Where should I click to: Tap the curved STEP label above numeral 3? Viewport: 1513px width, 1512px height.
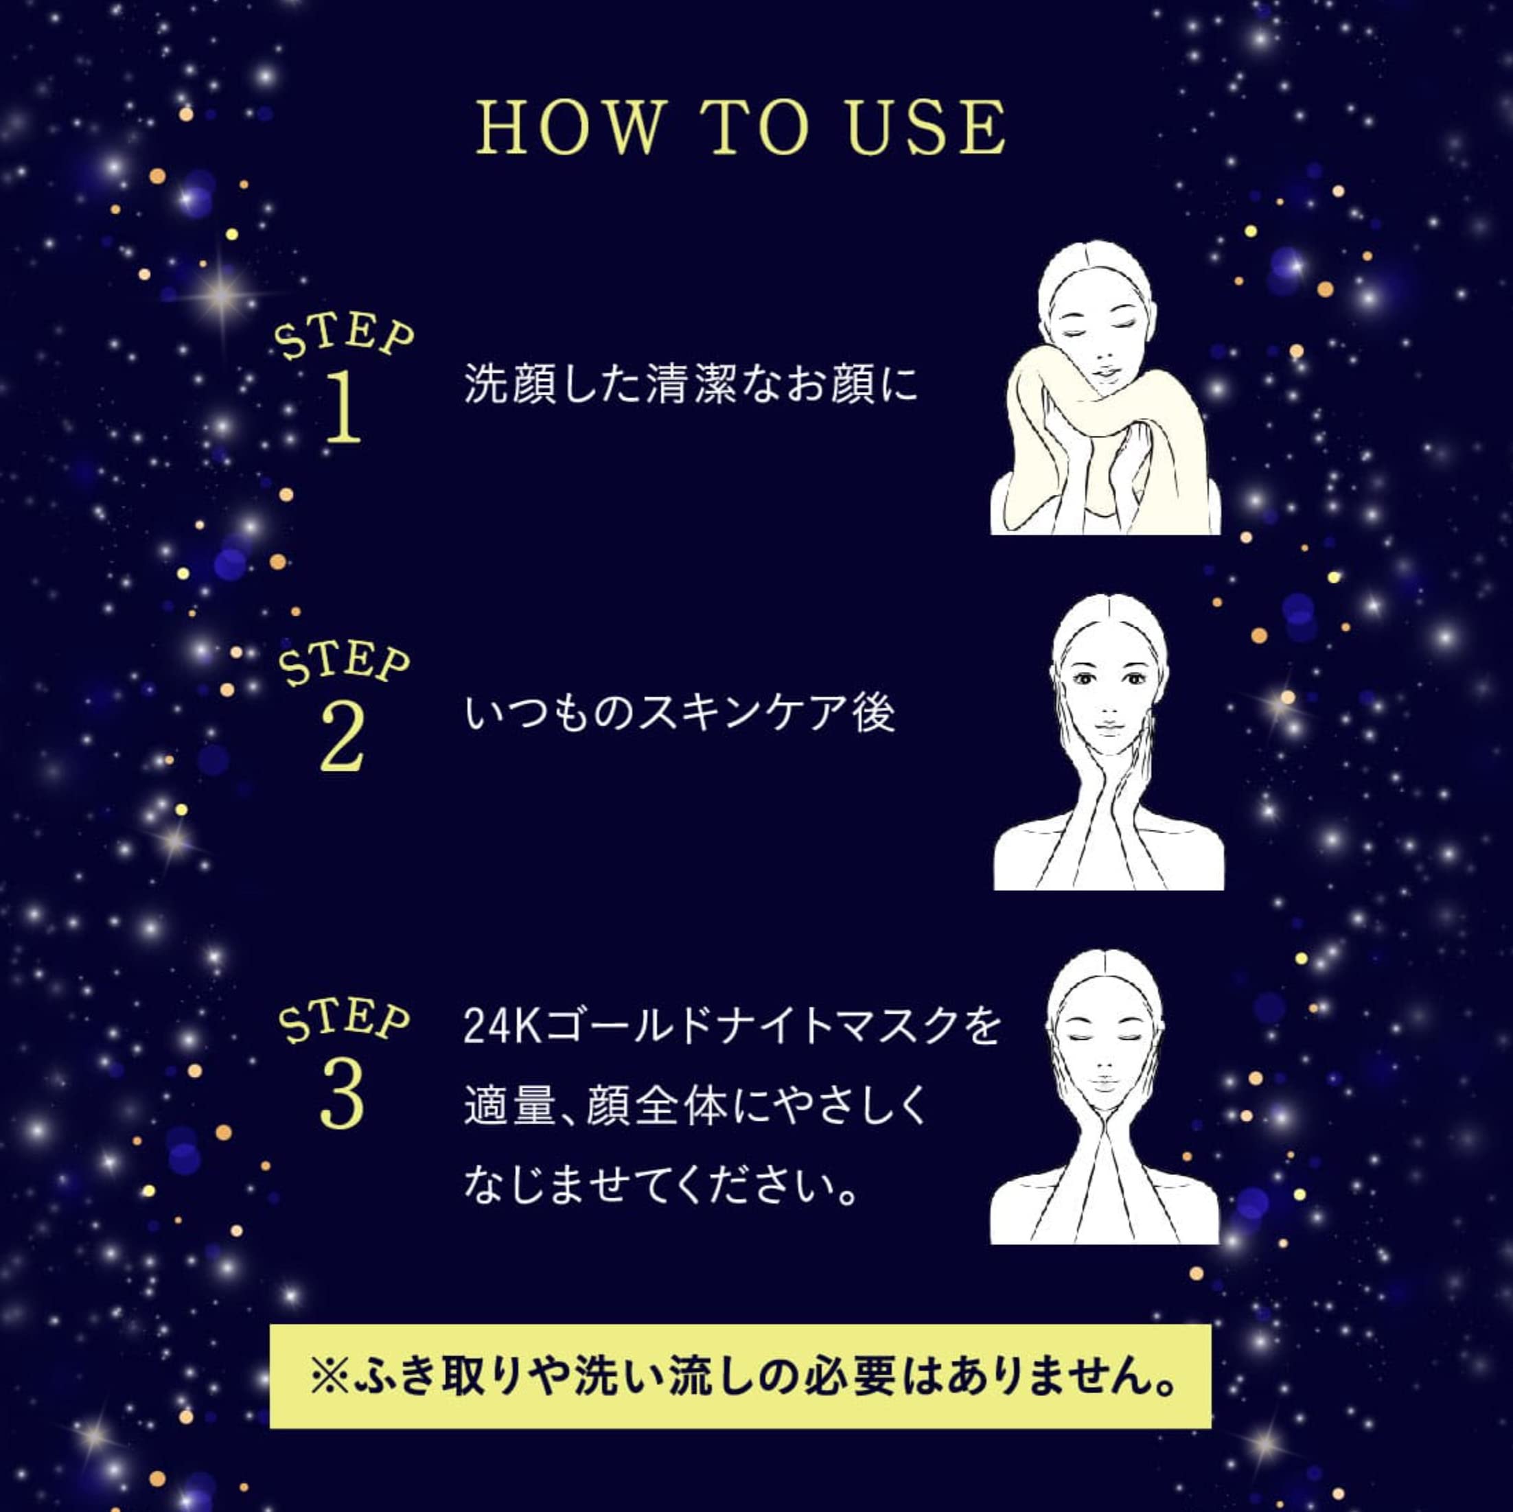[x=345, y=1021]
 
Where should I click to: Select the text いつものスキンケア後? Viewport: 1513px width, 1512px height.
[x=680, y=714]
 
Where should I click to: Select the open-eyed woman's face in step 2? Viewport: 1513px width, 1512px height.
[x=1108, y=689]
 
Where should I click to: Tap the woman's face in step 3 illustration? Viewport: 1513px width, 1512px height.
[x=1105, y=1049]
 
